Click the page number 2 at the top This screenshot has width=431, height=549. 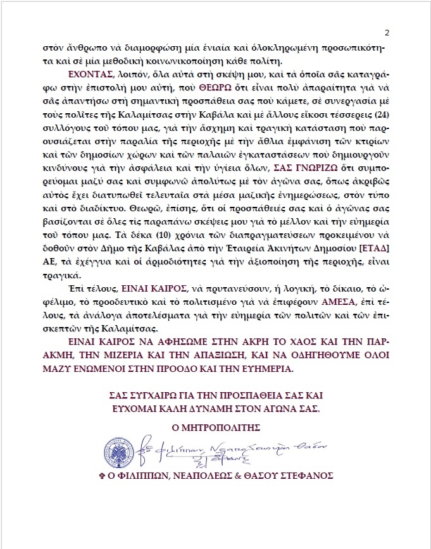387,33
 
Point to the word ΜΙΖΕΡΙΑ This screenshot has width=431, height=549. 132,357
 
